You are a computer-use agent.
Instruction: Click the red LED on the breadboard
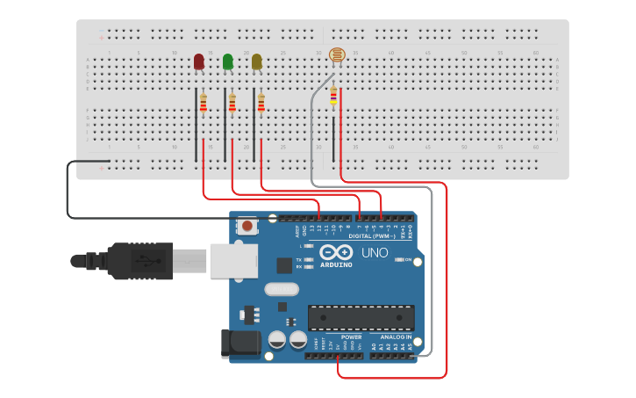199,61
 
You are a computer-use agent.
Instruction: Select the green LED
228,61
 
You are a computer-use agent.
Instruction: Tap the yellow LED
257,61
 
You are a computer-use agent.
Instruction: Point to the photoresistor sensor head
337,56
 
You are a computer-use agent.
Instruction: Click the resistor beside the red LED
204,104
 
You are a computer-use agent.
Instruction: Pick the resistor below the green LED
232,104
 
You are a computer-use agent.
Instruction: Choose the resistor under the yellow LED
261,104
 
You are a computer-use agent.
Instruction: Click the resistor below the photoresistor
333,96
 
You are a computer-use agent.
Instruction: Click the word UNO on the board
375,253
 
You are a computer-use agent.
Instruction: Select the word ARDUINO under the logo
335,264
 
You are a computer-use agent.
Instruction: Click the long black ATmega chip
361,318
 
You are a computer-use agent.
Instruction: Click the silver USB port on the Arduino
232,261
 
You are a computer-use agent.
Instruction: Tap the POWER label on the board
351,336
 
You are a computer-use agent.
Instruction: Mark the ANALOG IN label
396,336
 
